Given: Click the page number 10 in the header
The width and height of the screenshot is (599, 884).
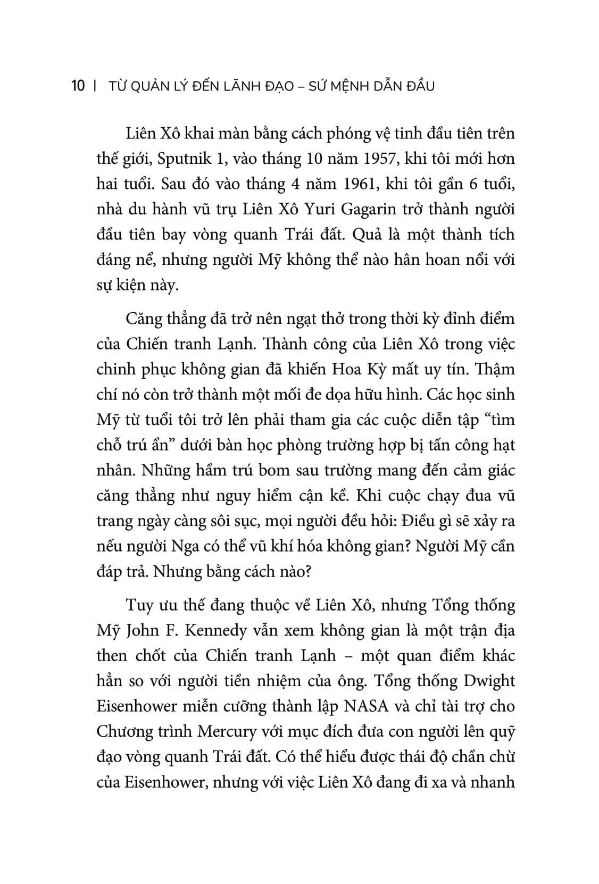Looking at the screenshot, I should click(x=78, y=86).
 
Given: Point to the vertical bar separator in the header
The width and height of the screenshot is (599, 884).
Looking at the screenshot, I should click(x=94, y=86).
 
